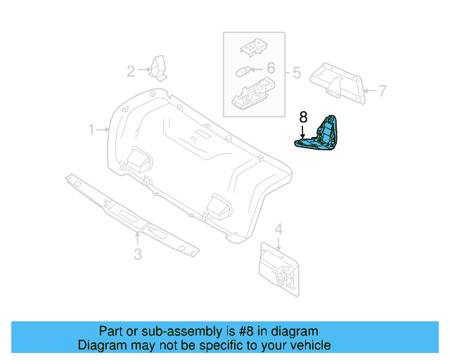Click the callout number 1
click(91, 130)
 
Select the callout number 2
click(131, 70)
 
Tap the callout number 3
click(138, 254)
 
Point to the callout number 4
click(278, 229)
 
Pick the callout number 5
click(296, 72)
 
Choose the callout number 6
click(271, 68)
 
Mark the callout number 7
click(382, 91)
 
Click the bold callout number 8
click(303, 117)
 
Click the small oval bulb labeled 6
click(243, 70)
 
